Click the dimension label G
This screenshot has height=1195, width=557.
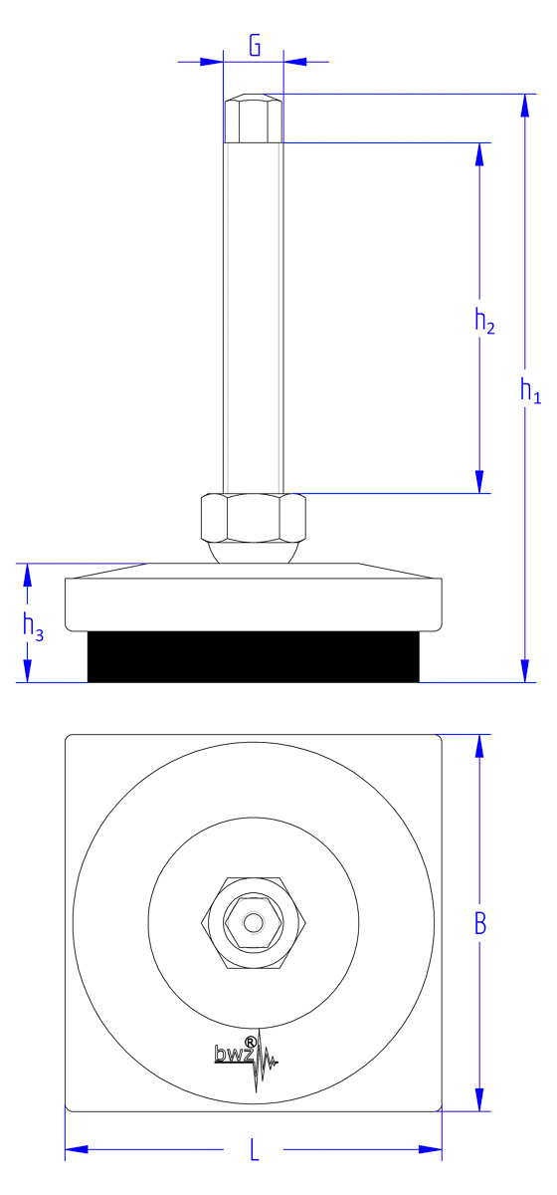pos(255,46)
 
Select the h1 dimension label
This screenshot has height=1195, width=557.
pos(530,390)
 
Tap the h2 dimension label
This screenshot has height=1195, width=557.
pos(484,321)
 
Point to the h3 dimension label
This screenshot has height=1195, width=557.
pos(33,626)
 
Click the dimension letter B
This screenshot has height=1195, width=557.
pos(480,923)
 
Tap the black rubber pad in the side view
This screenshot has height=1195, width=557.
pos(254,656)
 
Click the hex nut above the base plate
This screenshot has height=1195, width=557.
pos(254,518)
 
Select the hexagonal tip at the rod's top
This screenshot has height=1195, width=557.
pos(254,119)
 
